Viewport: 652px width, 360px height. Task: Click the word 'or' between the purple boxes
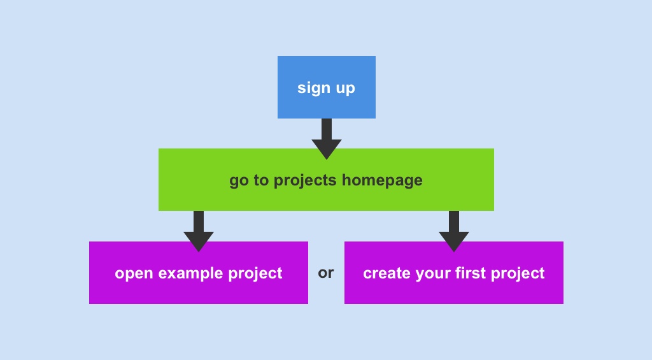point(326,273)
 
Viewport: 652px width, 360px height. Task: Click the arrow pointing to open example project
point(199,233)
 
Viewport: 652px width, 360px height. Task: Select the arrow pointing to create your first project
point(454,233)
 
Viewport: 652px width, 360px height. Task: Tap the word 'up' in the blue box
point(345,88)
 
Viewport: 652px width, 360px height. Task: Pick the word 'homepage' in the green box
point(382,180)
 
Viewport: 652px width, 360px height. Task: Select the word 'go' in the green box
point(239,181)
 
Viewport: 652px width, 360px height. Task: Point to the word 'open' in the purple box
point(134,273)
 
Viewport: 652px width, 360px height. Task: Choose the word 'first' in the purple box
point(468,273)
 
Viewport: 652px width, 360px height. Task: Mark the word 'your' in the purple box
point(432,274)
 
